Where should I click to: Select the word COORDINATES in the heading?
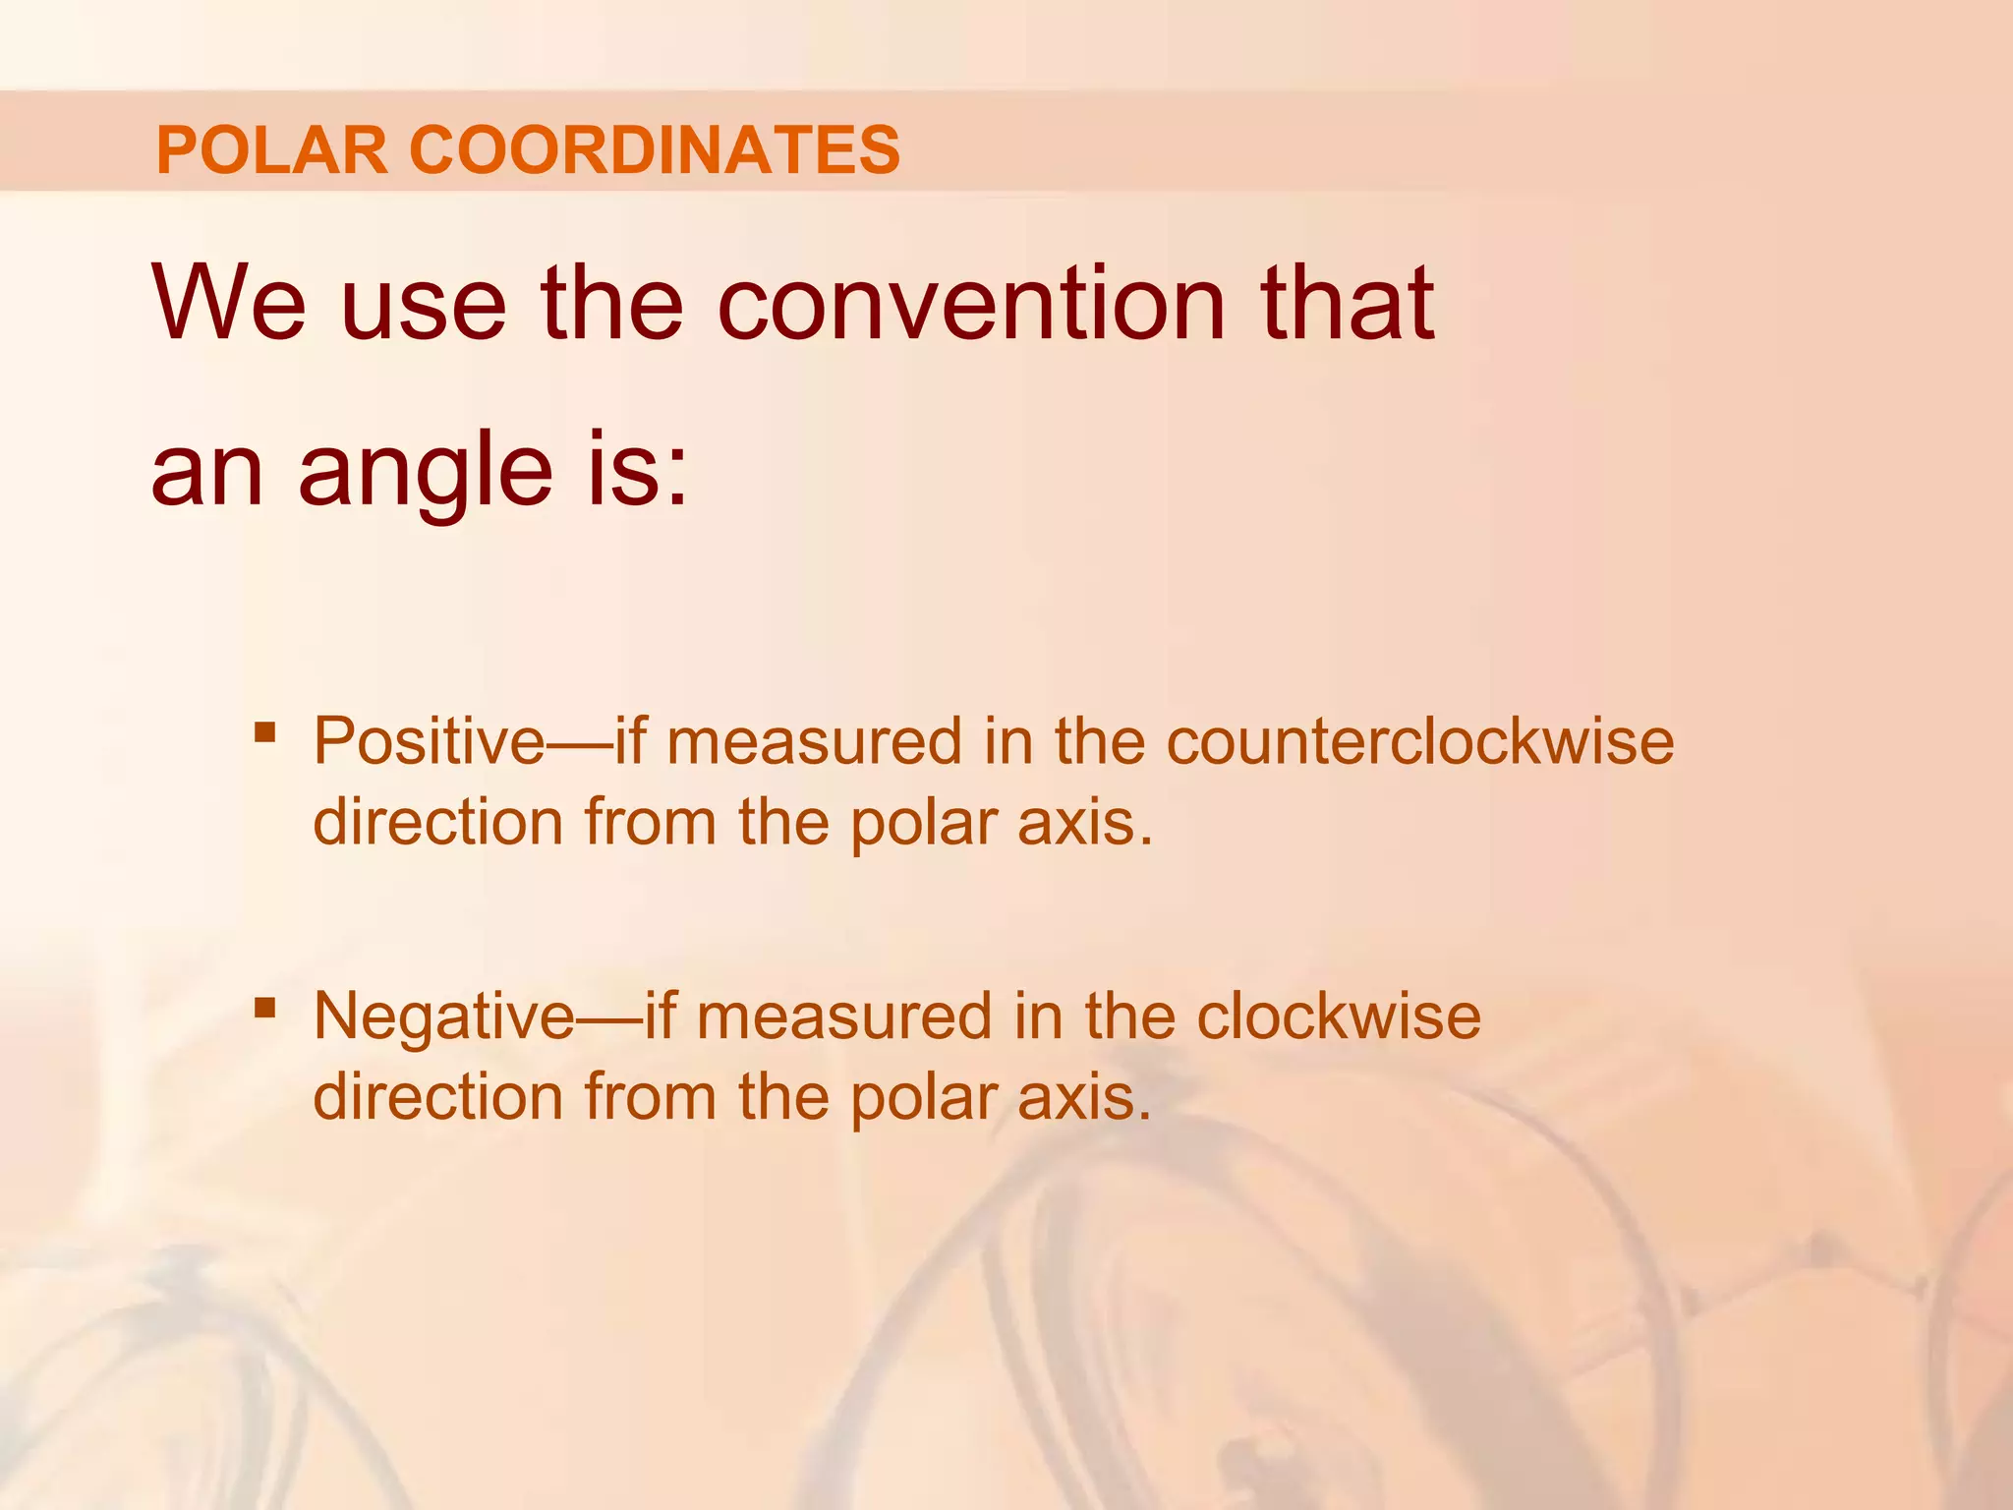pyautogui.click(x=655, y=150)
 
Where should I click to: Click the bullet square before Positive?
pyautogui.click(x=263, y=732)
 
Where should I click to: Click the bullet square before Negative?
pyautogui.click(x=263, y=1007)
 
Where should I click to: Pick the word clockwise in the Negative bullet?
pyautogui.click(x=1339, y=1016)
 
